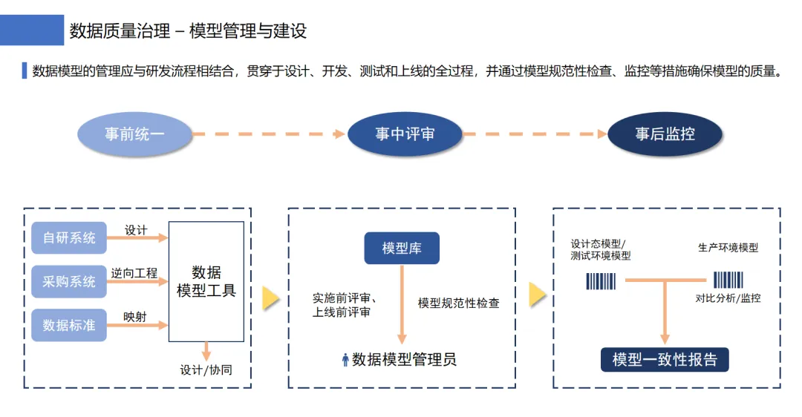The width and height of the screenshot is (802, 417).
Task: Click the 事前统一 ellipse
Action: (x=134, y=134)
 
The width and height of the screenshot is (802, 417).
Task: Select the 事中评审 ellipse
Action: (x=405, y=134)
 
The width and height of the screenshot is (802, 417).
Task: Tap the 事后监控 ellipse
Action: (x=665, y=134)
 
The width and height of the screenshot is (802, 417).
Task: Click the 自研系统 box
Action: (x=69, y=238)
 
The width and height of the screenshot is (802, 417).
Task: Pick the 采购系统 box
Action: (x=69, y=281)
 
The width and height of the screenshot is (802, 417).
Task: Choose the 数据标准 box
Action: (x=69, y=325)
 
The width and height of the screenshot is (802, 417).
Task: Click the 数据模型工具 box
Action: (x=206, y=281)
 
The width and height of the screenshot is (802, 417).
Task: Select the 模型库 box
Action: (x=402, y=249)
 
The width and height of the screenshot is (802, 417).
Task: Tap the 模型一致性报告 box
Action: (x=665, y=360)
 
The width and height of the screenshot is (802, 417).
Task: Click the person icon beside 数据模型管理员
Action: (x=345, y=361)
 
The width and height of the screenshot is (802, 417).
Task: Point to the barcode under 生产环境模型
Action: (x=728, y=280)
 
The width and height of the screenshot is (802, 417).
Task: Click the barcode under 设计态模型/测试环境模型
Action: (x=601, y=281)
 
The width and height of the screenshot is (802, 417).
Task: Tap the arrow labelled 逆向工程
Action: (x=137, y=282)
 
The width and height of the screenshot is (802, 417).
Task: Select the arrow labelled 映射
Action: (x=137, y=326)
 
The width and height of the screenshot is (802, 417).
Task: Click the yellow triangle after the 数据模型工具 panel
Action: (x=270, y=298)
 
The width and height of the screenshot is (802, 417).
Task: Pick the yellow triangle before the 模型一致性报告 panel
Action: (x=537, y=295)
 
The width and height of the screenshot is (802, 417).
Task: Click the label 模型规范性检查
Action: (x=458, y=303)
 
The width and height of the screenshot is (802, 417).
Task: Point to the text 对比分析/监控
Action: (x=728, y=298)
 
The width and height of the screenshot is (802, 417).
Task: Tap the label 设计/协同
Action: (x=206, y=370)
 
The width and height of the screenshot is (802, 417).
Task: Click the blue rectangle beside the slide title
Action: (x=32, y=30)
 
